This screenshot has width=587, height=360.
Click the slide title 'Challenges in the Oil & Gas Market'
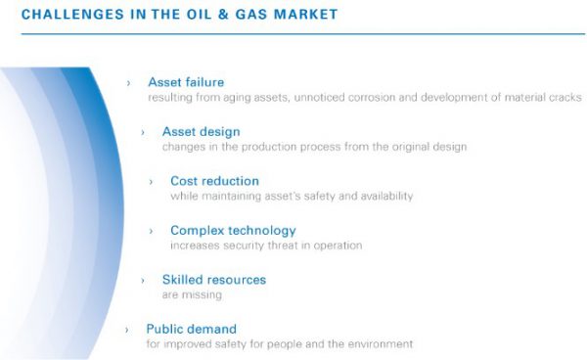coord(179,14)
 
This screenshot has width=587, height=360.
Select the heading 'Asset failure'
coord(186,82)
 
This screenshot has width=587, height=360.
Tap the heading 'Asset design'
coord(201,132)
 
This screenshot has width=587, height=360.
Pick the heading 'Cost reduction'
coord(214,181)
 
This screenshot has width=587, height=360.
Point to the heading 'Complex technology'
coord(233,231)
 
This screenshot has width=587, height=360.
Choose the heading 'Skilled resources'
coord(213,280)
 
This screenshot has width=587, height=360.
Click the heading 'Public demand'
coord(191,329)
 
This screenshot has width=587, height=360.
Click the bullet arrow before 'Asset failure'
coord(128,83)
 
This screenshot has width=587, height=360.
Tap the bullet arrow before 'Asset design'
coord(142,132)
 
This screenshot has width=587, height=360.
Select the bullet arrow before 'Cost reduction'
coord(151,182)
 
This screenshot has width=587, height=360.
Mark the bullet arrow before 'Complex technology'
coord(151,231)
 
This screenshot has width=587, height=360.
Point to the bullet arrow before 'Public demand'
coord(127,330)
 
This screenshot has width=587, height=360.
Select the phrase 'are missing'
coord(192,294)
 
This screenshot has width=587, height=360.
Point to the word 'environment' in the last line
coord(381,344)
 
